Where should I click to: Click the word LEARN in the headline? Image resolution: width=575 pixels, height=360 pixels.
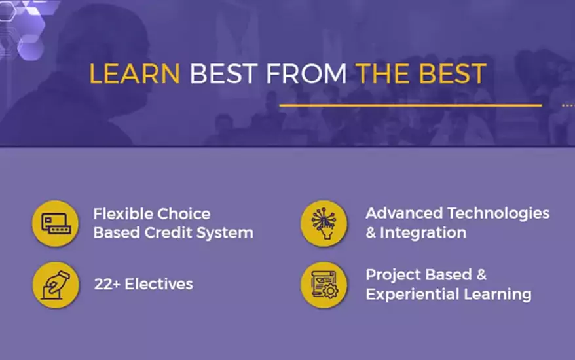tap(135, 74)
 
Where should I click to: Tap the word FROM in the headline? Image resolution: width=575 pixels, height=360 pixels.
tap(306, 74)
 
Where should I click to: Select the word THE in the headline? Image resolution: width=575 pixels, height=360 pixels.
tap(384, 74)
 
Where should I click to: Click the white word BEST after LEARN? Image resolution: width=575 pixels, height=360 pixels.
tap(223, 74)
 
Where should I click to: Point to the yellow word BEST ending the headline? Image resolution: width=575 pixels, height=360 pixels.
tap(453, 74)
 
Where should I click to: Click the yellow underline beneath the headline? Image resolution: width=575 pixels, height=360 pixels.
tap(411, 105)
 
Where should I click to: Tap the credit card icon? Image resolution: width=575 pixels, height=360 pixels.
tap(56, 223)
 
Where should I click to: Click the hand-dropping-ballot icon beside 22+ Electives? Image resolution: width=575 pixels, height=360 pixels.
tap(56, 285)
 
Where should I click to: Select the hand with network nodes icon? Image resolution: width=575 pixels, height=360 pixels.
tap(324, 223)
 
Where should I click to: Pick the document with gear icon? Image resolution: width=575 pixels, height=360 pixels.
tap(324, 285)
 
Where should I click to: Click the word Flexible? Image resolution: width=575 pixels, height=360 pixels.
tap(121, 214)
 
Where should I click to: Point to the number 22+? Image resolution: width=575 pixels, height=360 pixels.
tap(107, 284)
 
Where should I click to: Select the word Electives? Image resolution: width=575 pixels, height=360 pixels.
tap(158, 284)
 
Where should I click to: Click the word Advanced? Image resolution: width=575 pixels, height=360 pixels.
tap(404, 213)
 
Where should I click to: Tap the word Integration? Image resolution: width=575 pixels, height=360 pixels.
tap(423, 234)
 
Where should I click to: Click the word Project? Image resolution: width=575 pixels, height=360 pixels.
tap(393, 276)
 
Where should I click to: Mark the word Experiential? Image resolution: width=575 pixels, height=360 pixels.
tap(413, 295)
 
